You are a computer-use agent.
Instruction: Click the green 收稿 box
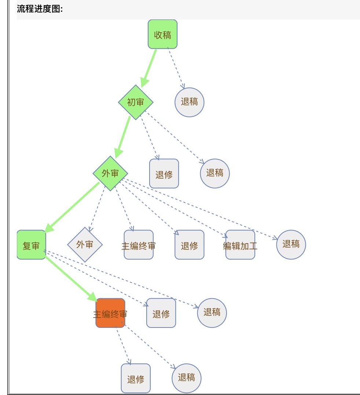click(x=162, y=34)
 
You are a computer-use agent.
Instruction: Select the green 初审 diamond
click(x=136, y=102)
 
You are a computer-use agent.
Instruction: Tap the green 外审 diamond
click(x=110, y=173)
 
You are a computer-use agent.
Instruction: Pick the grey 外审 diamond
click(x=85, y=244)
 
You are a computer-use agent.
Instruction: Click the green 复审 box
click(x=31, y=245)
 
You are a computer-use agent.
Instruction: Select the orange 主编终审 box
click(x=110, y=313)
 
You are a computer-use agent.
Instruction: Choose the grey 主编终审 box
click(x=139, y=245)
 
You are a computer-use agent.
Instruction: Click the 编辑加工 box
click(x=240, y=245)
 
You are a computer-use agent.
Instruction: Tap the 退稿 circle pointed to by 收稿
click(x=189, y=102)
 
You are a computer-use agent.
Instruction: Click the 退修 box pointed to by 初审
click(x=164, y=174)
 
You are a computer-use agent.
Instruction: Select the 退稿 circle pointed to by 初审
click(x=215, y=173)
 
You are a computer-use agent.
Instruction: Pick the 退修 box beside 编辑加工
click(x=189, y=245)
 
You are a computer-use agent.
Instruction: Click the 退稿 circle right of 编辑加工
click(x=291, y=244)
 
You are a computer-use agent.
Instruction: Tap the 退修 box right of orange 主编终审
click(x=161, y=313)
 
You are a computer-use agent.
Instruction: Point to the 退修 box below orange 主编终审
click(x=136, y=378)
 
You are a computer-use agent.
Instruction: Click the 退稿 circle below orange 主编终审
click(x=187, y=378)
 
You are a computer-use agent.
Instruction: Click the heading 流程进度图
click(x=40, y=10)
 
